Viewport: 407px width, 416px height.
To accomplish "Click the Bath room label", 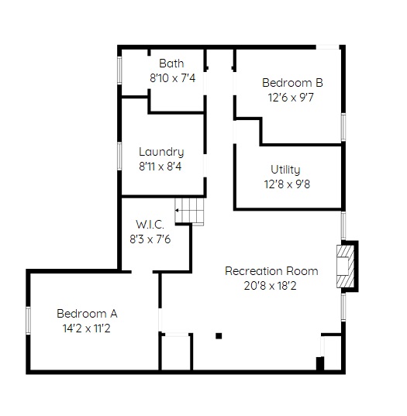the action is click(171, 64).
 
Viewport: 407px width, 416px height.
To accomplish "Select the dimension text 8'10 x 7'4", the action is click(173, 78).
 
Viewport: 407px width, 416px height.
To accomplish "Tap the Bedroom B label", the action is click(292, 83).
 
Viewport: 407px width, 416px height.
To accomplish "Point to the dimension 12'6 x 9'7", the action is click(291, 98).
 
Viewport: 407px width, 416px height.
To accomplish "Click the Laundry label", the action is click(161, 153).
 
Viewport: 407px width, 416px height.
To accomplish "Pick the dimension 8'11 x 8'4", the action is click(160, 167).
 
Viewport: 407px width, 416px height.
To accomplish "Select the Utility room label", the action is click(285, 170).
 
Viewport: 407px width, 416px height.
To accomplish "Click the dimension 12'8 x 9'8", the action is click(287, 184).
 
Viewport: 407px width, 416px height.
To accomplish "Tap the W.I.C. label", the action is click(150, 225).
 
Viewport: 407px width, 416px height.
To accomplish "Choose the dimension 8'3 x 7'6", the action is click(150, 239).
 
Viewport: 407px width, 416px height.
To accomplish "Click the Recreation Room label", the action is click(271, 271).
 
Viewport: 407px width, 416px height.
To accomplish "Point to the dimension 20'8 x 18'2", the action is click(270, 286).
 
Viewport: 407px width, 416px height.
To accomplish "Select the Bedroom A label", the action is click(87, 314).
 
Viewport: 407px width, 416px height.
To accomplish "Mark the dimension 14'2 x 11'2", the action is click(87, 328).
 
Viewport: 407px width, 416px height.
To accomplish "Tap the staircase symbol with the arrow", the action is click(189, 211).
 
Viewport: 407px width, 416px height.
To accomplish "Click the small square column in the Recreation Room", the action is click(219, 336).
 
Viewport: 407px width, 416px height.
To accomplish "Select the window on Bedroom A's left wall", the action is click(29, 320).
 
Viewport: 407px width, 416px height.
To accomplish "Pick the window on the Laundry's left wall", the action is click(119, 156).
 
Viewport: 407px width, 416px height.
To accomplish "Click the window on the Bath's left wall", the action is click(119, 70).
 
